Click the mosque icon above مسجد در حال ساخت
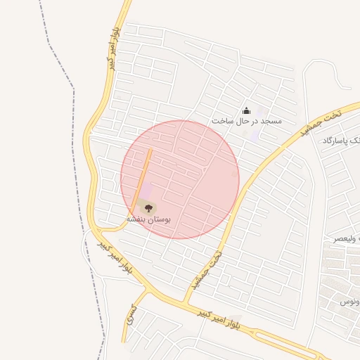[246, 110]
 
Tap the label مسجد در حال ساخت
[246, 121]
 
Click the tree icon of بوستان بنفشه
[148, 207]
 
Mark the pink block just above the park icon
[146, 191]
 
